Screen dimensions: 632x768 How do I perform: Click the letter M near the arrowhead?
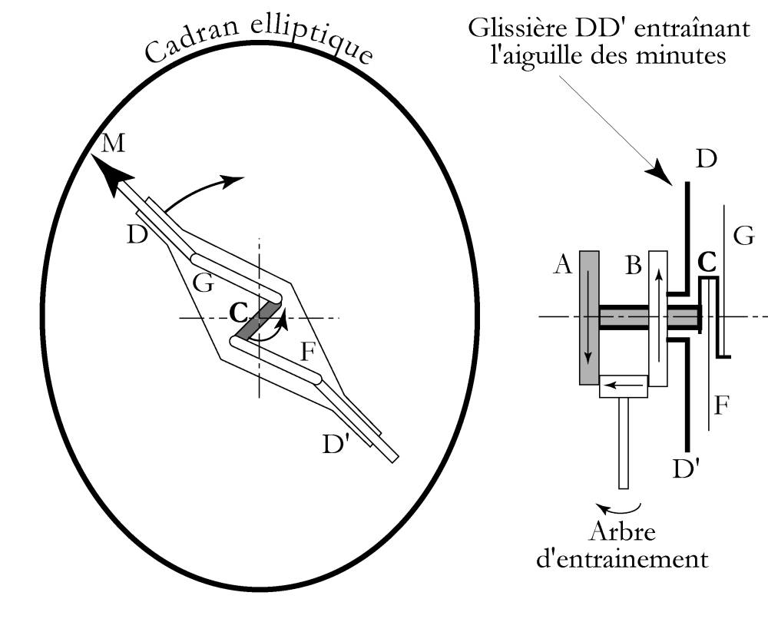tap(112, 143)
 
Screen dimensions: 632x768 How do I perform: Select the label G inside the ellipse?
tap(203, 283)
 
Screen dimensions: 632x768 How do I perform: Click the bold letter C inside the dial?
tap(239, 313)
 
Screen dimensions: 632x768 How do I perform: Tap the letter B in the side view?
tap(633, 266)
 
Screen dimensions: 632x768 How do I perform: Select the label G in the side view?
tap(743, 236)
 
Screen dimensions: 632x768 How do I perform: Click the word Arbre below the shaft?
tap(624, 532)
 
